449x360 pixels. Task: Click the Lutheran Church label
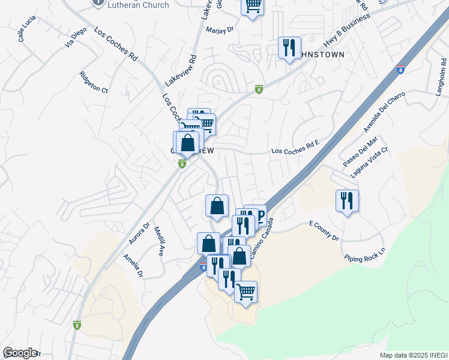[x=138, y=4]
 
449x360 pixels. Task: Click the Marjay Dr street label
[x=219, y=29]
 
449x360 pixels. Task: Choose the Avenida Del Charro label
[x=384, y=112]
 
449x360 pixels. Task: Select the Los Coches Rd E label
[x=294, y=151]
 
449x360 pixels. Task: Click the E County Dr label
[x=324, y=230]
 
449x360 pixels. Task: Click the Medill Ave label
[x=158, y=241]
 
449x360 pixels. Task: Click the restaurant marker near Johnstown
[x=289, y=47]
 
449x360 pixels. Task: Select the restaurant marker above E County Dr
[x=347, y=200]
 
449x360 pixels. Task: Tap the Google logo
[x=20, y=353]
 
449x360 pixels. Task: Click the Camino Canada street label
[x=262, y=240]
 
